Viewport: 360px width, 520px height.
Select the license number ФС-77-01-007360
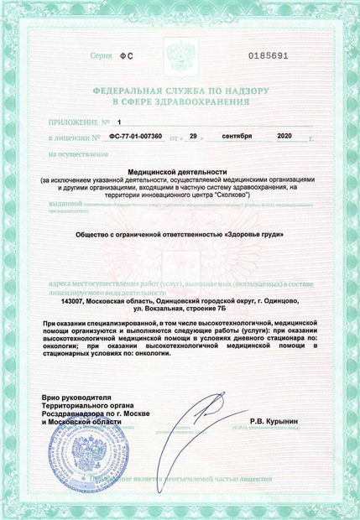pyautogui.click(x=137, y=135)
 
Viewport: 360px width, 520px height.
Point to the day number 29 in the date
pyautogui.click(x=192, y=135)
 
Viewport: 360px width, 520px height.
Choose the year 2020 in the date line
pyautogui.click(x=284, y=135)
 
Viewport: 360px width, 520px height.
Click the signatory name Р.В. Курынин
pyautogui.click(x=274, y=420)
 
